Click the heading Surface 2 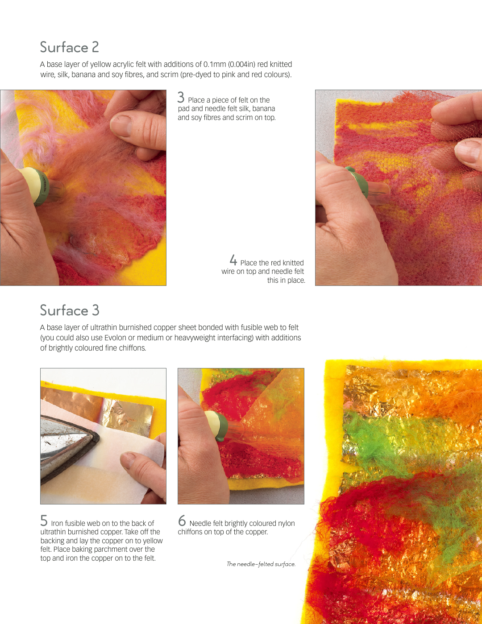click(70, 47)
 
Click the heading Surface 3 click(70, 310)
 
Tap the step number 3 click(181, 97)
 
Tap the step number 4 click(233, 260)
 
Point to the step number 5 click(44, 521)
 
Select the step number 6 click(182, 521)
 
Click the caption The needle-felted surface click(261, 564)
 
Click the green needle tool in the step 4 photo click(362, 184)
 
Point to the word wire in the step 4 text click(228, 272)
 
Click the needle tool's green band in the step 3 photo click(42, 186)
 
